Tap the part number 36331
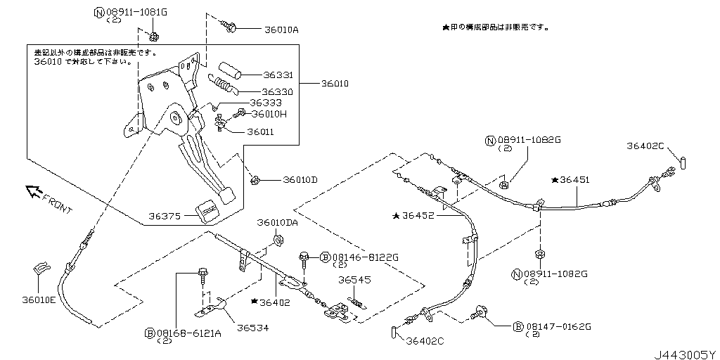(278, 75)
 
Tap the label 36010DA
(276, 223)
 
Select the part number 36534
(252, 328)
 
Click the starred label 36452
(418, 217)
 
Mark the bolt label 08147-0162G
(558, 326)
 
